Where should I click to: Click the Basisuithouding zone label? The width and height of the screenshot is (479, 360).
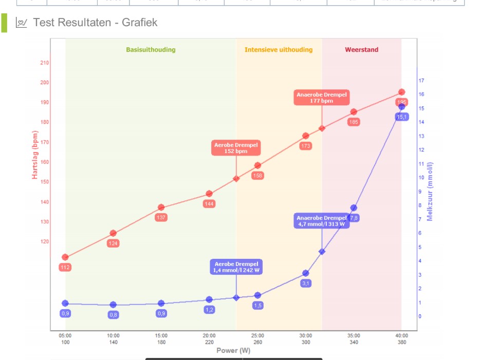151,50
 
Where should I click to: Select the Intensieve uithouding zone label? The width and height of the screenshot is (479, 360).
278,50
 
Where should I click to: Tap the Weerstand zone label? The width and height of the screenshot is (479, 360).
361,50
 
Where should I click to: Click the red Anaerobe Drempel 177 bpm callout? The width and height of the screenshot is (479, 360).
321,98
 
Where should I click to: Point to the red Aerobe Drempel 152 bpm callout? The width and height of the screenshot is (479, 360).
236,148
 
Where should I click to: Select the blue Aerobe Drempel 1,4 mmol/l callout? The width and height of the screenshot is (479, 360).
236,267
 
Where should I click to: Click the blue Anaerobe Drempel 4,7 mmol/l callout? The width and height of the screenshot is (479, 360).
322,221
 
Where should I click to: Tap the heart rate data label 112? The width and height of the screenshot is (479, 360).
65,267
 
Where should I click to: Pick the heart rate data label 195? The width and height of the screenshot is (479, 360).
402,103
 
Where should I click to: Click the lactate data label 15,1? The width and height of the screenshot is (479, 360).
402,117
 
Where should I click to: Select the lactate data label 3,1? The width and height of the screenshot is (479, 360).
306,283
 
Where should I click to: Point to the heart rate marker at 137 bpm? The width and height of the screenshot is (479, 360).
161,207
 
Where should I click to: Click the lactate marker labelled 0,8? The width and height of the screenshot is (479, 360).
113,305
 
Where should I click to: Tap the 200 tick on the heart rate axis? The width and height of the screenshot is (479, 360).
45,83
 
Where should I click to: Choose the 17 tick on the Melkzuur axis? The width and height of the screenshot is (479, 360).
421,81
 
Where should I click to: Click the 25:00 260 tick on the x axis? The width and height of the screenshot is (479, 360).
257,339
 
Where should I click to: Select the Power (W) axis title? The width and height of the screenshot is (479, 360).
234,351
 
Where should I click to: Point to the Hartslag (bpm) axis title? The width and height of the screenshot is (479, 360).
35,154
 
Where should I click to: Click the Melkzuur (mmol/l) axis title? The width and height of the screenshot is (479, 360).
430,191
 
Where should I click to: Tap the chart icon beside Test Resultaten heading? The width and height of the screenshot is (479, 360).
22,23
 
